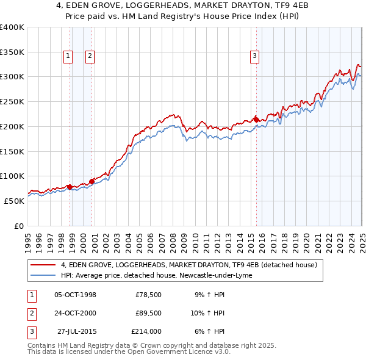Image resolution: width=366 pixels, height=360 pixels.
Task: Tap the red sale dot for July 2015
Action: pyautogui.click(x=257, y=119)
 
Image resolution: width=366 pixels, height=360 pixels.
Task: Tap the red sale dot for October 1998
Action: pyautogui.click(x=70, y=187)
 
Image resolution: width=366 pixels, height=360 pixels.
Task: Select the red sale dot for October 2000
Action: pyautogui.click(x=92, y=181)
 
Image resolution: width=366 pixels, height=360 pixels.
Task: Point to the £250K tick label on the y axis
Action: pyautogui.click(x=12, y=102)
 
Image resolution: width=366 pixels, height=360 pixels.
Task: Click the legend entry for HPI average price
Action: pyautogui.click(x=161, y=276)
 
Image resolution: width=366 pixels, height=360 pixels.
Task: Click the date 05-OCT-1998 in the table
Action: pyautogui.click(x=76, y=295)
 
